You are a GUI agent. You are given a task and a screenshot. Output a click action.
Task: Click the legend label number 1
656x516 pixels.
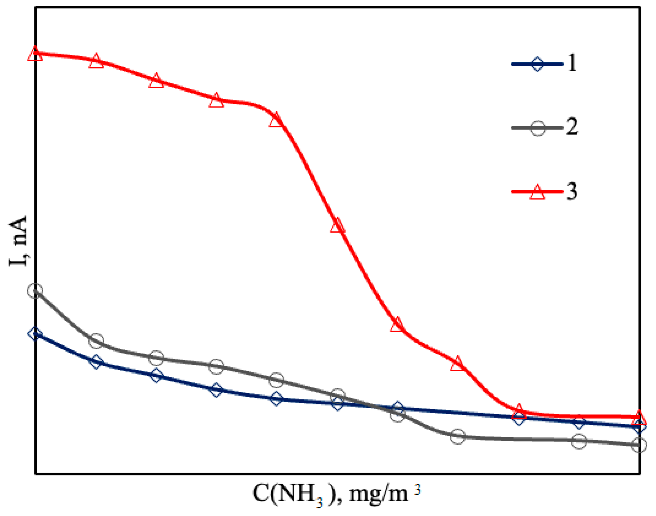tap(572, 63)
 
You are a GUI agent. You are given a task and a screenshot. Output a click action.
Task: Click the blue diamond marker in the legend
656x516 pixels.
tap(537, 64)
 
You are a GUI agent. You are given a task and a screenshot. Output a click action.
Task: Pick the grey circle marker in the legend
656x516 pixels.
tap(538, 128)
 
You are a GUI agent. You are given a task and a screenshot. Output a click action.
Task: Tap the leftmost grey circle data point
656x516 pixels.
tap(35, 291)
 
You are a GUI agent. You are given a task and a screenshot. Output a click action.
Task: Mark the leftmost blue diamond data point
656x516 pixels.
tap(35, 334)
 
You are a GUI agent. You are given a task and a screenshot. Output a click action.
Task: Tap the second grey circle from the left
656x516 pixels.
tap(96, 341)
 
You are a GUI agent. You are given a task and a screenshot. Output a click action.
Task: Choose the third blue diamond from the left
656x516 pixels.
tap(156, 376)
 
